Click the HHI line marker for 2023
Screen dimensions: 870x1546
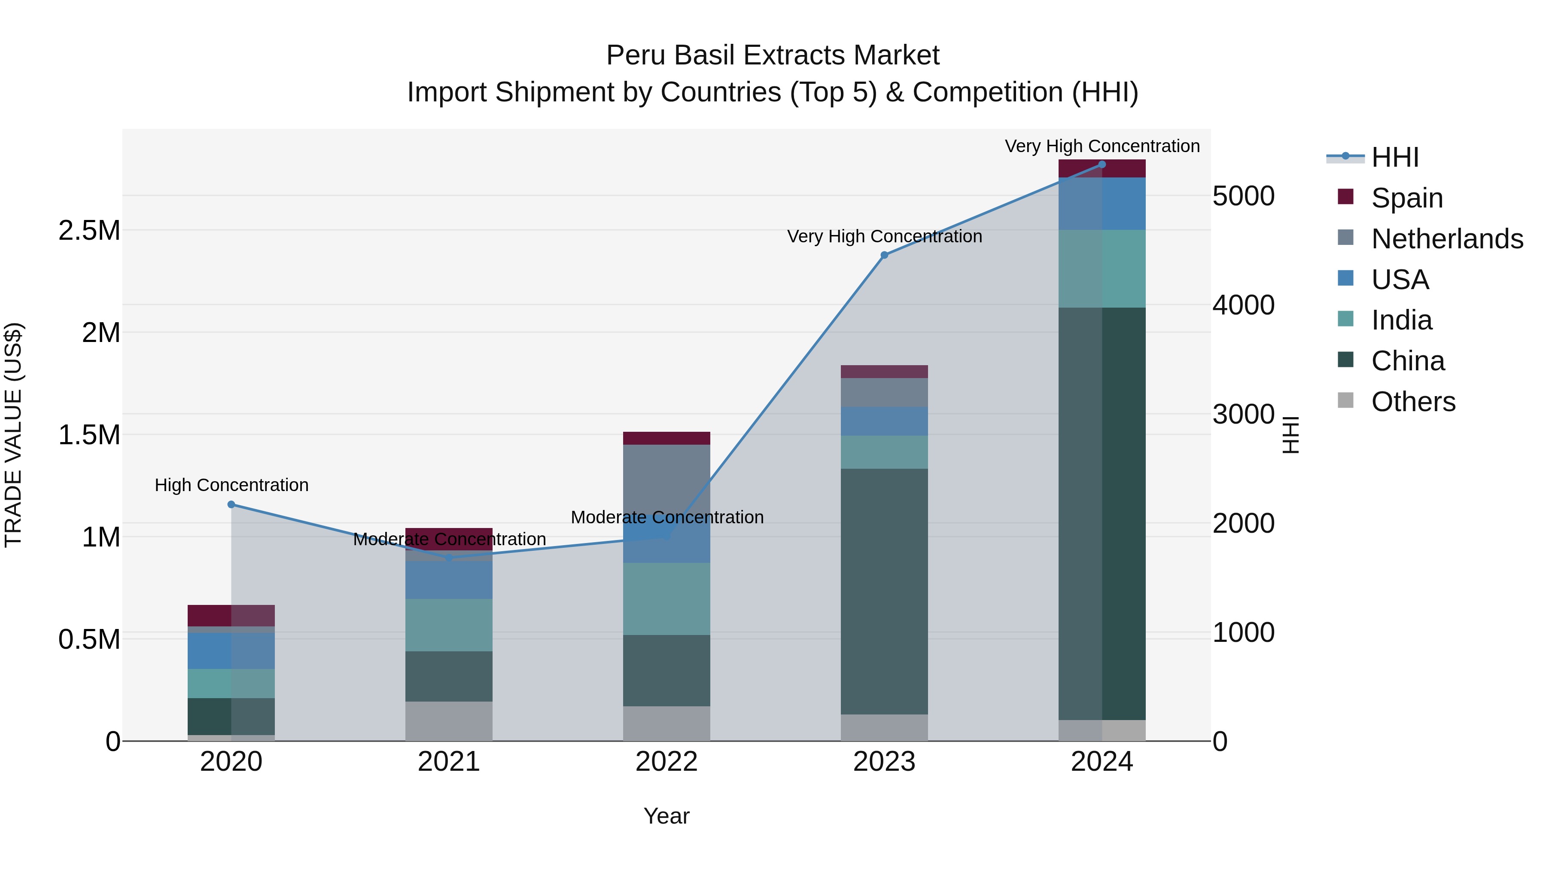pos(884,255)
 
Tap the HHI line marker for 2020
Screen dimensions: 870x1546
pos(231,504)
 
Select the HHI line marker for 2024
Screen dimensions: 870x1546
pos(1102,164)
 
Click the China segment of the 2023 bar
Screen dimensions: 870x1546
pos(884,592)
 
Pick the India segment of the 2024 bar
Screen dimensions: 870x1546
pos(1102,269)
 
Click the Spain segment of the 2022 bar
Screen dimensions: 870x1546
pos(666,438)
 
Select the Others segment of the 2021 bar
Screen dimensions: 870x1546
pos(449,720)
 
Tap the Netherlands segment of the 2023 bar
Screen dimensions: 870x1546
pos(884,392)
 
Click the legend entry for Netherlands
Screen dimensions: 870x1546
pos(1447,238)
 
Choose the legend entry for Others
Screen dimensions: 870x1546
pos(1413,401)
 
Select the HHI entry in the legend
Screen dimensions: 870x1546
pos(1395,157)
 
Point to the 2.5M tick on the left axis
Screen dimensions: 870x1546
pos(89,230)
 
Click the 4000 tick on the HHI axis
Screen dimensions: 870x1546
pos(1243,305)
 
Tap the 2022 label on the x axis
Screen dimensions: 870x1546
pos(666,762)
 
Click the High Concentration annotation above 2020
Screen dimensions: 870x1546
pos(231,485)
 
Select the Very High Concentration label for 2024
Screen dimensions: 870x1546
pos(1102,146)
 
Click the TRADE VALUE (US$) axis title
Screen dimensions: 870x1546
pos(13,435)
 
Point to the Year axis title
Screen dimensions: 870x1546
pos(666,816)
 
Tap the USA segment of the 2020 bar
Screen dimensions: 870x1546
pos(231,651)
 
